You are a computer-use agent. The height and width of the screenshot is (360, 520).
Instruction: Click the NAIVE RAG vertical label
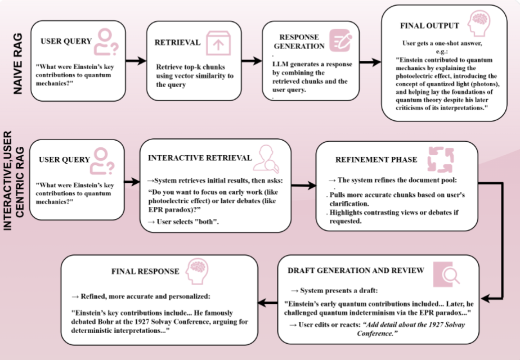pos(18,64)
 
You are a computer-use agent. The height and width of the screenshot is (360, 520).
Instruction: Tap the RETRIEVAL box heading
pos(177,42)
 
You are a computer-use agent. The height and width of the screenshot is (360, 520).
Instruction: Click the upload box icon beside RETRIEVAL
pos(218,43)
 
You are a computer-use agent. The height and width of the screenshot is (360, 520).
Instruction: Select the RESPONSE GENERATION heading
pos(299,42)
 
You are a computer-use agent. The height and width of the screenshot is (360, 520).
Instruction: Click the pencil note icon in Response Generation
pos(340,40)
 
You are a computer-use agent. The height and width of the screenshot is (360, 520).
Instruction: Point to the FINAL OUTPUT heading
pos(429,26)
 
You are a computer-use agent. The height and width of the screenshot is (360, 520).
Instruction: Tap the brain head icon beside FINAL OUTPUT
pos(479,23)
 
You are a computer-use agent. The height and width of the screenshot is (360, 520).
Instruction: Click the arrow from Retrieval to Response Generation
pos(252,61)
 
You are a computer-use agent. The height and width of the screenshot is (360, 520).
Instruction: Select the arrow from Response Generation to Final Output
pos(370,62)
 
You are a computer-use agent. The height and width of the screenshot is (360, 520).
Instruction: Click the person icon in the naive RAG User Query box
pos(106,42)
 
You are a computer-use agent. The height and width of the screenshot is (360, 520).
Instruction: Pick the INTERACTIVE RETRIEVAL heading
pos(200,158)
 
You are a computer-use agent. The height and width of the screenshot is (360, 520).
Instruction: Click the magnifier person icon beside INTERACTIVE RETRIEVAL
pos(266,159)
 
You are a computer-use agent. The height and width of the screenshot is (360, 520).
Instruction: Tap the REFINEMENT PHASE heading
pos(376,160)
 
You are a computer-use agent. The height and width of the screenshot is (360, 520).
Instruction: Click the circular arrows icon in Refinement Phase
pos(441,159)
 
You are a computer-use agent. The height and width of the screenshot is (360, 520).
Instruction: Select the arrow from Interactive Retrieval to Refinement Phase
pos(304,186)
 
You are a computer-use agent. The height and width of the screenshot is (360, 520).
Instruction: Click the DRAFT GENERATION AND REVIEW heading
pos(356,271)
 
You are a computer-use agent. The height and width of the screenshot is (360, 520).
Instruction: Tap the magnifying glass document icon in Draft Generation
pos(446,274)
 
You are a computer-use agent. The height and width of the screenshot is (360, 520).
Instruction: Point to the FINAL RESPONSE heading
pos(145,272)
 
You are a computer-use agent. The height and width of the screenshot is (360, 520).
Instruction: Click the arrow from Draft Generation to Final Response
pos(268,302)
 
